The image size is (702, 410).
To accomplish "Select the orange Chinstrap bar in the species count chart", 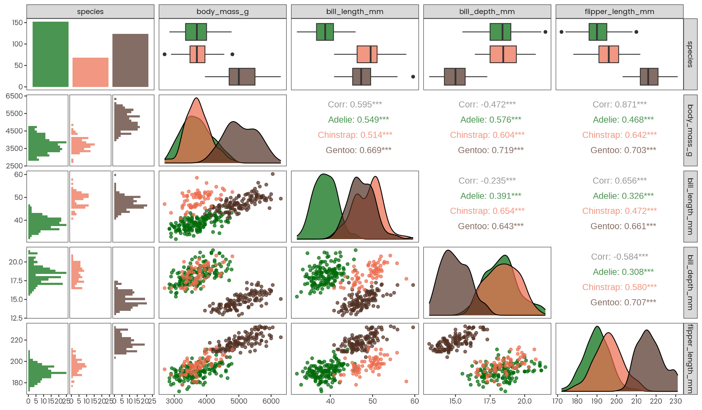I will [x=90, y=72].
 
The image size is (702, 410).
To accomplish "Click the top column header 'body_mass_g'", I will [x=222, y=12].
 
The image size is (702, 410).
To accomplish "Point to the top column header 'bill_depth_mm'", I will [x=487, y=12].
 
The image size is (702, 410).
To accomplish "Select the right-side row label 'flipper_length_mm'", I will [x=690, y=359].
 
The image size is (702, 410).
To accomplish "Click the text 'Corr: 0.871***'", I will [x=619, y=105].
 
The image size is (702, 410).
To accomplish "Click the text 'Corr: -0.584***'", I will [x=619, y=257].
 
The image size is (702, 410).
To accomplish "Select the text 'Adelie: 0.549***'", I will [x=358, y=120].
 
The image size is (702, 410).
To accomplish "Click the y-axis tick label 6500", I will [x=14, y=96].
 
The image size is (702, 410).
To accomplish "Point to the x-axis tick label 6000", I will [x=271, y=401].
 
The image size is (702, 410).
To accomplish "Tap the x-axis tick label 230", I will [x=675, y=401].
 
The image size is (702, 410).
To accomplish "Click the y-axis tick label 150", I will [x=17, y=23].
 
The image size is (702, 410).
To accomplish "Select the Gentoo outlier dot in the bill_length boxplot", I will [x=413, y=77].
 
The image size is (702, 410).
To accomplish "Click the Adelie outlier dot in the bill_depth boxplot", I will [x=545, y=32].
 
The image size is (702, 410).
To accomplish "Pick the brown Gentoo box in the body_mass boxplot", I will [x=242, y=77].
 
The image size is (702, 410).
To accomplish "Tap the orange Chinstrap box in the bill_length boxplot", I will [x=367, y=54].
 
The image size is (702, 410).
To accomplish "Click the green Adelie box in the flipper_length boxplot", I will [x=597, y=32].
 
